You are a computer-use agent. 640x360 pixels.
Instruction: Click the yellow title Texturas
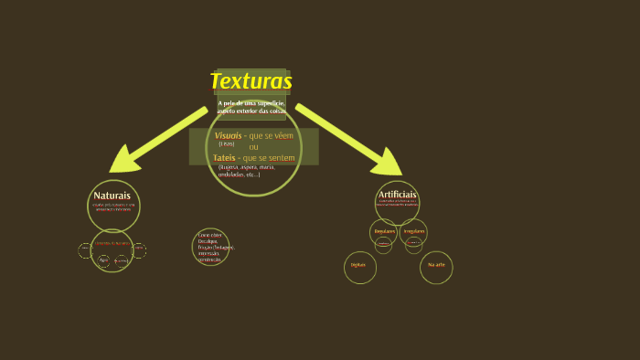[x=251, y=81]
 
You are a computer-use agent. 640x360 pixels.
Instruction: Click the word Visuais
[x=228, y=135]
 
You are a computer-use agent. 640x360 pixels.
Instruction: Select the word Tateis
[x=224, y=158]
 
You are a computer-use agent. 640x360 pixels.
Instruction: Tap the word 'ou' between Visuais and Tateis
[x=253, y=146]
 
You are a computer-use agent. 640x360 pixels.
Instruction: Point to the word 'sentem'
[x=282, y=158]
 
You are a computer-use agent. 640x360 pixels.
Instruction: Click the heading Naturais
[x=112, y=196]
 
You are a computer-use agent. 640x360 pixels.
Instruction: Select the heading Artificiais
[x=397, y=195]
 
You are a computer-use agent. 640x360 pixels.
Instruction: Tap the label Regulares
[x=384, y=231]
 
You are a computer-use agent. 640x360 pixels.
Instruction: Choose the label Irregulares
[x=414, y=231]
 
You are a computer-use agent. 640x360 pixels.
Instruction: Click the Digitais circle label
[x=359, y=265]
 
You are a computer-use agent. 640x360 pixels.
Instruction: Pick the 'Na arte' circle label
[x=436, y=265]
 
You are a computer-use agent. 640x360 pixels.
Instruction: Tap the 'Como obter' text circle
[x=211, y=247]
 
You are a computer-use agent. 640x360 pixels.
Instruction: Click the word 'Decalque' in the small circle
[x=208, y=241]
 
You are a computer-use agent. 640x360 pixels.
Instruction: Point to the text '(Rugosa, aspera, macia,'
[x=246, y=167]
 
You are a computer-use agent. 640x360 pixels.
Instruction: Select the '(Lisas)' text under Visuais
[x=226, y=143]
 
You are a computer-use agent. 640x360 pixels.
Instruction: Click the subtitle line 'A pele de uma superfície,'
[x=251, y=103]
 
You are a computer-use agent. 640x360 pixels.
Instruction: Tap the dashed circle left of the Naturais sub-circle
[x=85, y=249]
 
